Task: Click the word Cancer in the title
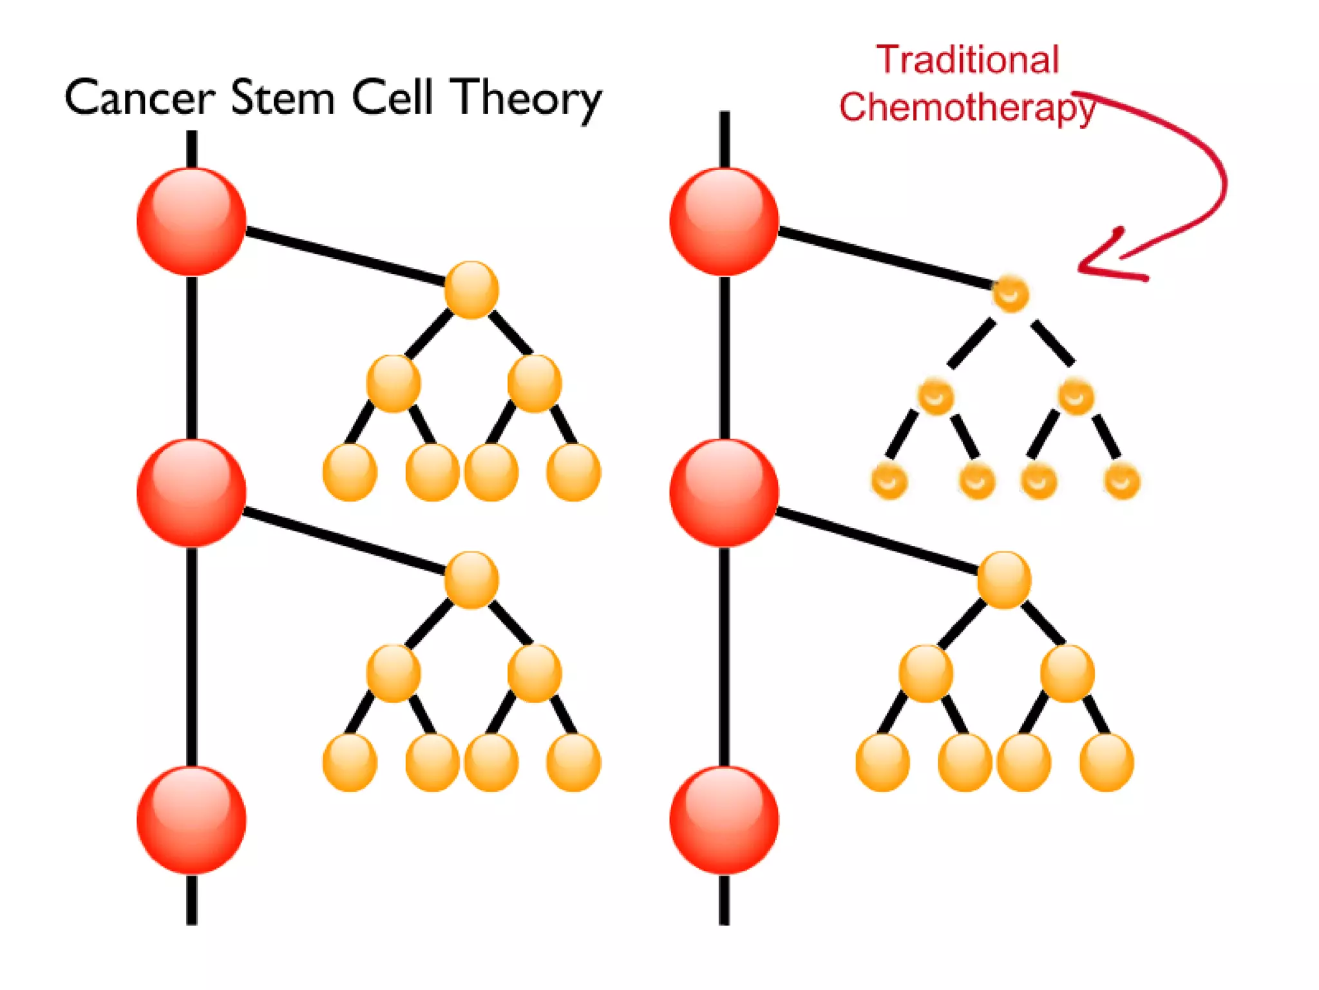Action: (139, 98)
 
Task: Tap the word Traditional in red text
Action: (967, 60)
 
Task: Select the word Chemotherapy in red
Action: (967, 107)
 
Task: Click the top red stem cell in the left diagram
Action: (191, 222)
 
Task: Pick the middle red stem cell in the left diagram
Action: (191, 493)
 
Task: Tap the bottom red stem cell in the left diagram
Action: (191, 820)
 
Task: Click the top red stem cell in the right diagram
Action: (724, 222)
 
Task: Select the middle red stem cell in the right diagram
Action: (724, 493)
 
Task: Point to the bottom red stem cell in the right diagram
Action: (724, 820)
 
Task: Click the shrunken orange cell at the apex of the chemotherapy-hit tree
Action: (1010, 294)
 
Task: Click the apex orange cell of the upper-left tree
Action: (471, 289)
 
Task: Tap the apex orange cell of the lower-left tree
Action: (471, 579)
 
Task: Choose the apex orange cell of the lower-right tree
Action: (1004, 579)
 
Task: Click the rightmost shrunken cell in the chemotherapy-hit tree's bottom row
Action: (1122, 481)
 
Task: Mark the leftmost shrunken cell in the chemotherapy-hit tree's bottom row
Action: (889, 481)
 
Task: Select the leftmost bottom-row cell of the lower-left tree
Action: (350, 762)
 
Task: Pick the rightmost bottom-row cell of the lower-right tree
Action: (1106, 762)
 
